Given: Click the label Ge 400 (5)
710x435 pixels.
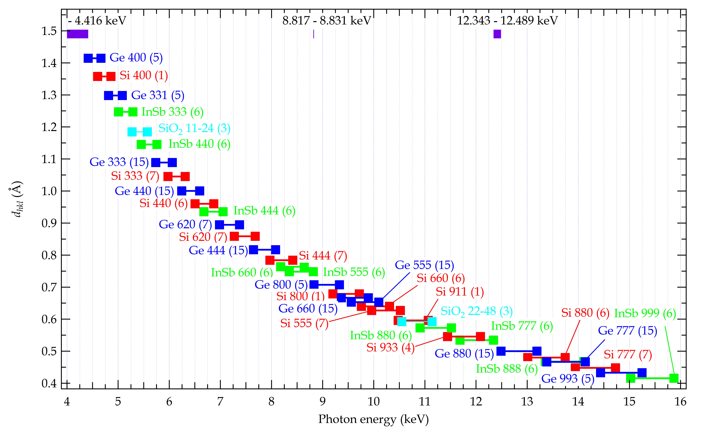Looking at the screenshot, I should [x=136, y=58].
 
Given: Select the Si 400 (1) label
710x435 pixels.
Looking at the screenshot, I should [x=144, y=75].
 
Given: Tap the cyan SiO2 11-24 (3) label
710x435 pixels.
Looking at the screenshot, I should [x=194, y=129].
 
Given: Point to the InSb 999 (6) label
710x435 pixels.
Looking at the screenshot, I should [x=645, y=313].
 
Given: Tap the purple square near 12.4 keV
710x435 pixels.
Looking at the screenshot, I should [x=497, y=34].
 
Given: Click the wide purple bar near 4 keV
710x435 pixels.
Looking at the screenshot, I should [x=77, y=34].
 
